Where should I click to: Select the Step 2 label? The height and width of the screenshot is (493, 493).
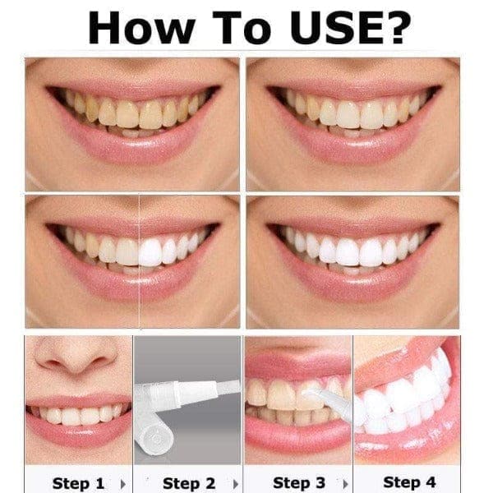pyautogui.click(x=188, y=482)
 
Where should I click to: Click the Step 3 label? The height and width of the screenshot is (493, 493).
pyautogui.click(x=297, y=482)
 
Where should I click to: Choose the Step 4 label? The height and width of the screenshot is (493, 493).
pyautogui.click(x=408, y=482)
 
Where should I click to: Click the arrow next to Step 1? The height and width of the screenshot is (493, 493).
pyautogui.click(x=122, y=482)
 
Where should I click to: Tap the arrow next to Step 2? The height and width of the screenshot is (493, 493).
pyautogui.click(x=235, y=482)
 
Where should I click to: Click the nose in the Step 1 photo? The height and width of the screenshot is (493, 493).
pyautogui.click(x=78, y=353)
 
